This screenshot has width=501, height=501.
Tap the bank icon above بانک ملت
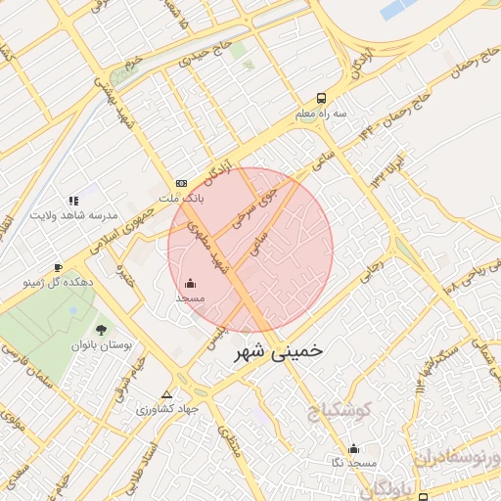[181, 183]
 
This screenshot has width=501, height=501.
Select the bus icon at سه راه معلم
[322, 99]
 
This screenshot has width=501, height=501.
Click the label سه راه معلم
[322, 114]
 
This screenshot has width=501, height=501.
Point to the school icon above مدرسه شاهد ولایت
[74, 200]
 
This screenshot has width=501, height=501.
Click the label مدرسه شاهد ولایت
[74, 214]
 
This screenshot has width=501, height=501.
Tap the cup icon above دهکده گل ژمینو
[58, 267]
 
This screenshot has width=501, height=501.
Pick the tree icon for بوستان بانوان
[101, 330]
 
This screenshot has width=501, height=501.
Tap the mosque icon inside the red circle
[189, 283]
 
